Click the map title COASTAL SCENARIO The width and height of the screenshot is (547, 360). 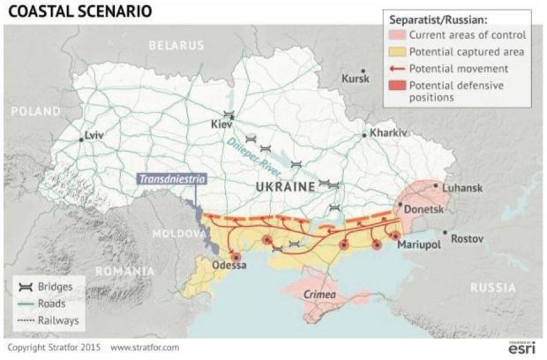pos(79,12)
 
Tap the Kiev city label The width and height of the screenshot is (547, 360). pos(221,124)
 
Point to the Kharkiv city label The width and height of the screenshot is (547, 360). pos(388,132)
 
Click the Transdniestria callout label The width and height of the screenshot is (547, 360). pos(171,178)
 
